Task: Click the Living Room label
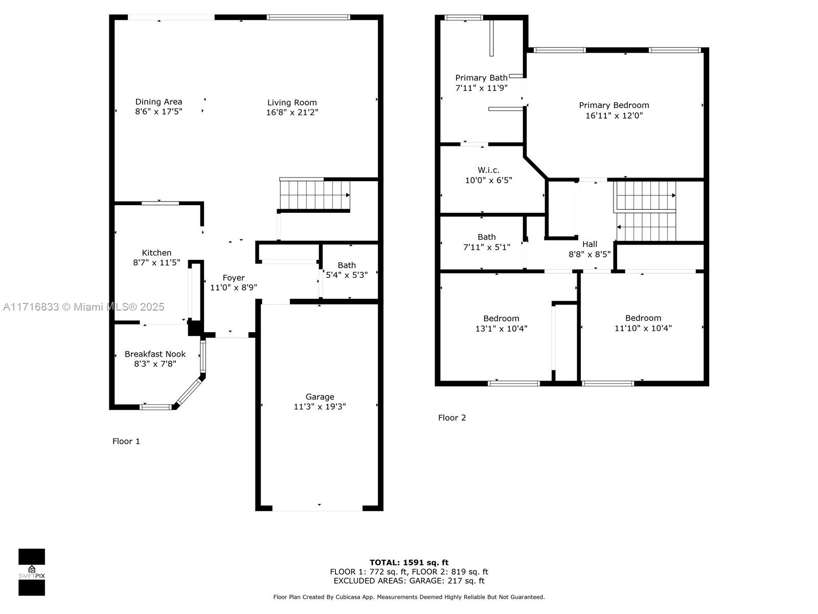pos(292,102)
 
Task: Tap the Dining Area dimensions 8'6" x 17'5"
pos(159,112)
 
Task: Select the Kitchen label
pos(156,253)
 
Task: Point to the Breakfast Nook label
pos(155,354)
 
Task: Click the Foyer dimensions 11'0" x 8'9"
pos(234,288)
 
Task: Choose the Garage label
pos(320,397)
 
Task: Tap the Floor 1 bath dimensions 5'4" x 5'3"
pos(347,275)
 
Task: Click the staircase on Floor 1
pos(315,195)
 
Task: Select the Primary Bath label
pos(481,78)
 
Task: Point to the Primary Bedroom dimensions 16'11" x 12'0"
pos(614,116)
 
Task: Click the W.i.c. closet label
pos(488,170)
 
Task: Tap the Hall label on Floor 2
pos(589,244)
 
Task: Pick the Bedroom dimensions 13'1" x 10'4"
pos(501,329)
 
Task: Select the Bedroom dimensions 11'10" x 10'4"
pos(643,328)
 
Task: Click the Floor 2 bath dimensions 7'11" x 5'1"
pos(486,247)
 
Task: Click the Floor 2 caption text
pos(451,418)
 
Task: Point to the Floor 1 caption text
pos(126,442)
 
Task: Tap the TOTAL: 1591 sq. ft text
pos(409,562)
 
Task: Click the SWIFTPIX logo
pos(32,572)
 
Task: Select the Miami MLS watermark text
pos(83,307)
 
